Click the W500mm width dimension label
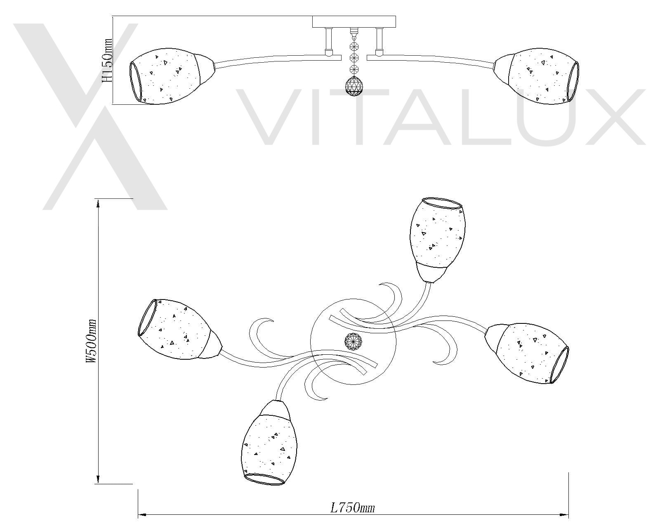pos(92,341)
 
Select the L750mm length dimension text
pos(353,508)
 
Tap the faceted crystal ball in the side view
pos(354,86)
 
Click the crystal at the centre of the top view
pos(354,341)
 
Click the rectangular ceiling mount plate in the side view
pos(354,22)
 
